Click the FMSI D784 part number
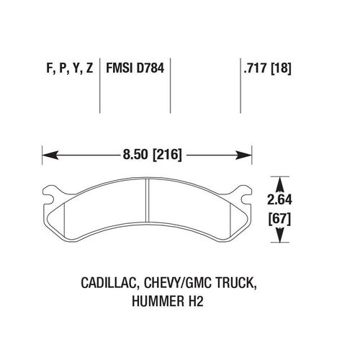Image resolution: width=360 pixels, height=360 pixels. coord(135,68)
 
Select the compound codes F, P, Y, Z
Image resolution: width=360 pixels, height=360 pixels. coord(70,68)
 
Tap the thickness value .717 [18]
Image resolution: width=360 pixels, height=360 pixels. coord(267,68)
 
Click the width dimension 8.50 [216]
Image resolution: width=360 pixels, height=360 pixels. coord(153,155)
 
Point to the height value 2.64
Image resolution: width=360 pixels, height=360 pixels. coord(279,199)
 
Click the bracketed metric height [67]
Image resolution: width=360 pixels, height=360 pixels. coord(279,219)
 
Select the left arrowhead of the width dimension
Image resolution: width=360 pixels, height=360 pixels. coord(50,156)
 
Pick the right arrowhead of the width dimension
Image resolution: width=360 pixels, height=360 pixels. coord(243,156)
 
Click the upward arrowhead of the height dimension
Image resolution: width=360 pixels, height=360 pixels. coord(279,185)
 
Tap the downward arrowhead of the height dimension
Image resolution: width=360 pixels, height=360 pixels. coord(279,235)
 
